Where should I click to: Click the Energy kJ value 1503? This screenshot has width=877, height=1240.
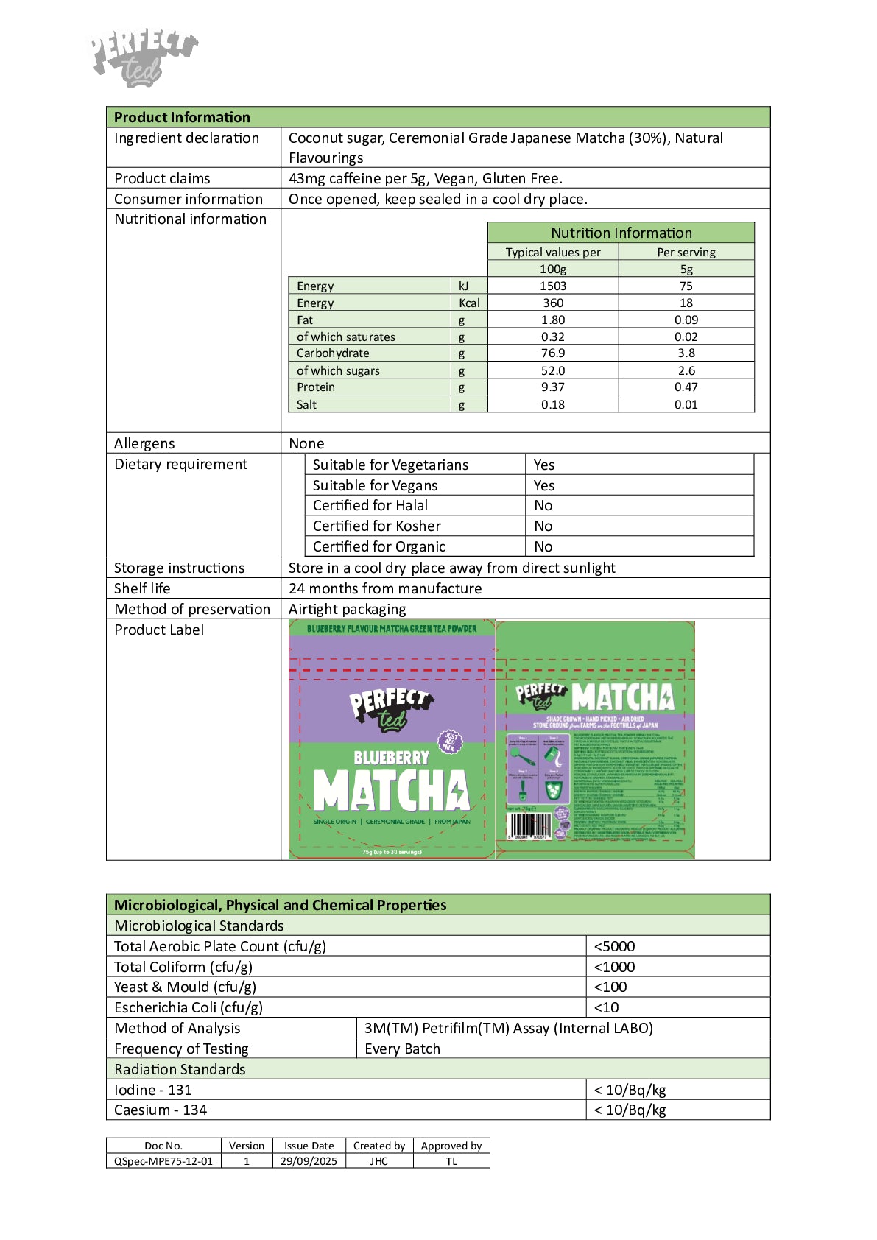(x=552, y=286)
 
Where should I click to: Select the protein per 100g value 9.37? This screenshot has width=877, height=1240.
(x=552, y=387)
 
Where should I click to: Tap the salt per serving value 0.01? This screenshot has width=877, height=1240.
(x=686, y=404)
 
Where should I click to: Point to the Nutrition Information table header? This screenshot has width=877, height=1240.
(x=621, y=233)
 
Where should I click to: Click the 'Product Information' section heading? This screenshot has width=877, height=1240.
(x=182, y=117)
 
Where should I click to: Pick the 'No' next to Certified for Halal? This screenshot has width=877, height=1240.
(x=543, y=506)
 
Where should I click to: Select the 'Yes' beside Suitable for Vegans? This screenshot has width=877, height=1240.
(x=544, y=485)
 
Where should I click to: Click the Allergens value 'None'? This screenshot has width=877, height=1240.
(x=306, y=443)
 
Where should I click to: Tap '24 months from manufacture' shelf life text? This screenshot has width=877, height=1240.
(x=385, y=588)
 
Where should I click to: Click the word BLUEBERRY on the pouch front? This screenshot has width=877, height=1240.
(x=391, y=758)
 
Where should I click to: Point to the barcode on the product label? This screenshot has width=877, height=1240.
(x=529, y=825)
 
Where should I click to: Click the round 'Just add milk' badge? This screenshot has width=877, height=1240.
(x=449, y=741)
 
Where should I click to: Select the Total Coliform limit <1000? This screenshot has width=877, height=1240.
(x=614, y=967)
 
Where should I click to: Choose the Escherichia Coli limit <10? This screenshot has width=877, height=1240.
(x=606, y=1007)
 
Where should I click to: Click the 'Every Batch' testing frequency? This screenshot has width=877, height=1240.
(x=402, y=1049)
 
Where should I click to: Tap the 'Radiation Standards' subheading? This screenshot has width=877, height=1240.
(x=180, y=1069)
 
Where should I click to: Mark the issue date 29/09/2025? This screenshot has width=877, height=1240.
(x=309, y=1161)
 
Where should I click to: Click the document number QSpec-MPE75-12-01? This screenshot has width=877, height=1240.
(x=163, y=1161)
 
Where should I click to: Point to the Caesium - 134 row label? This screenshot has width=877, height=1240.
(x=161, y=1110)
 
